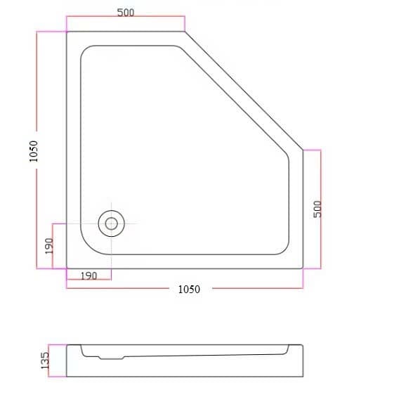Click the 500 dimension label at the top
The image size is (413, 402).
126,12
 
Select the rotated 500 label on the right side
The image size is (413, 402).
317,208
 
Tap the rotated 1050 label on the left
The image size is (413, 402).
33,150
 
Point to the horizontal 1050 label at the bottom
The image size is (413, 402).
188,289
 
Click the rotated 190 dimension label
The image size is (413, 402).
48,246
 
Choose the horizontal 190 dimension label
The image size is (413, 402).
88,275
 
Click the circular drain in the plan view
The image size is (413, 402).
111,223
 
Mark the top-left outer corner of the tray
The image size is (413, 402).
67,32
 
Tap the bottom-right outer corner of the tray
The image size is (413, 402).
303,268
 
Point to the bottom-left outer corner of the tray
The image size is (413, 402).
67,268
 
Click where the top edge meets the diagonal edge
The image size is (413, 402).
185,32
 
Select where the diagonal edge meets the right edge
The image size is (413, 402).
303,150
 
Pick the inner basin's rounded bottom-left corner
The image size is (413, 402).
88,247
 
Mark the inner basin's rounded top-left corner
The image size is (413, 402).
86,51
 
